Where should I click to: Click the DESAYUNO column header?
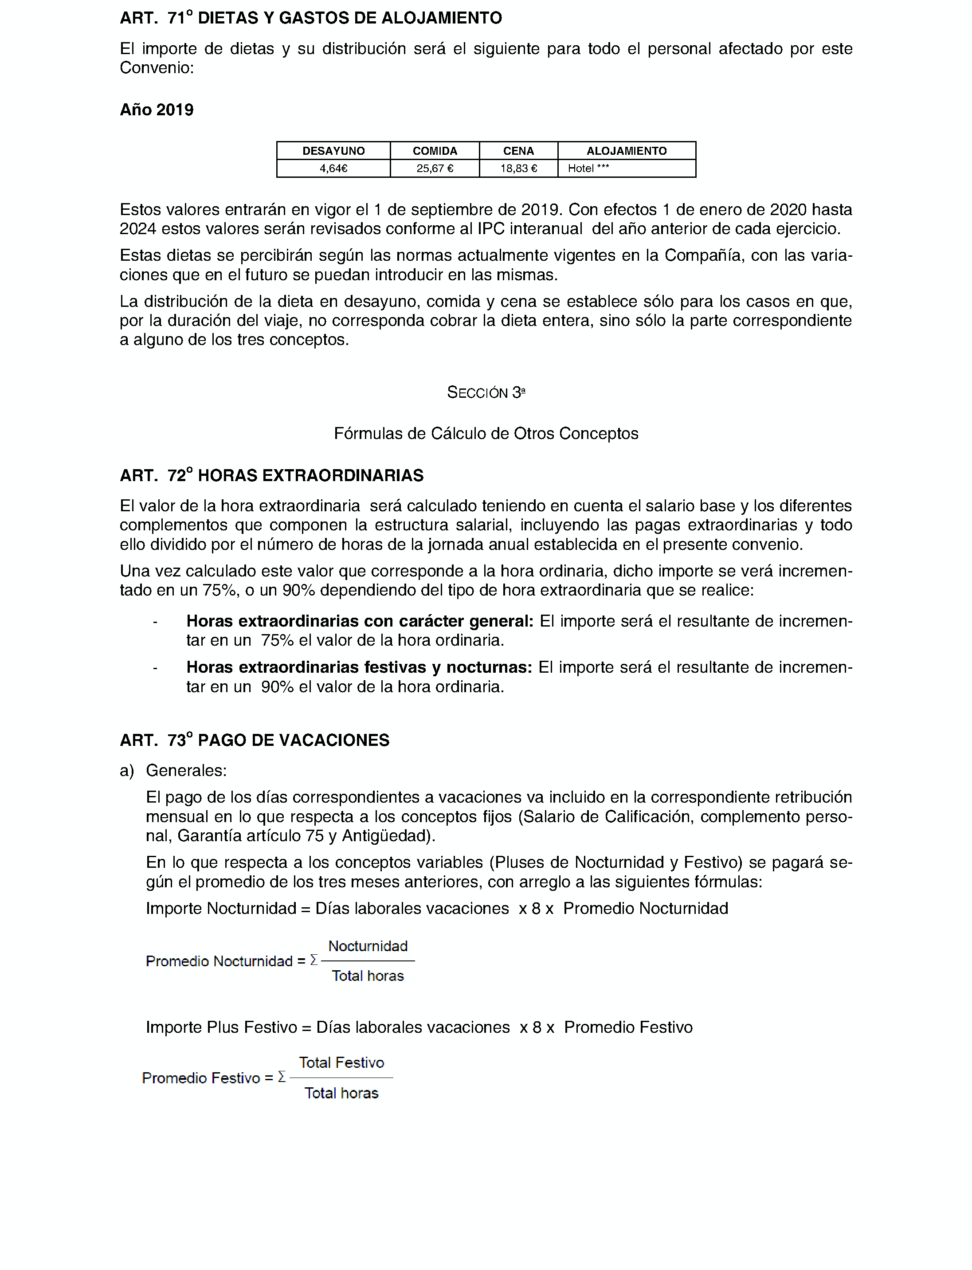(x=333, y=151)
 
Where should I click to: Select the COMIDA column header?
(x=435, y=151)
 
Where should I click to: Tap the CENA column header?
(x=518, y=151)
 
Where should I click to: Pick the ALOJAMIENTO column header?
(x=626, y=151)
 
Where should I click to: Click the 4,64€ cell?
(x=333, y=169)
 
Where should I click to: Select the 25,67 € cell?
(x=435, y=169)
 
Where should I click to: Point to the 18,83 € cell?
(x=518, y=169)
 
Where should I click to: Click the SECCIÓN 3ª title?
(x=486, y=392)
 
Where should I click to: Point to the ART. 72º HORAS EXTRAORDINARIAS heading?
(x=271, y=476)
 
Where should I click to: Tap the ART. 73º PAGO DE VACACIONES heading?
(x=255, y=740)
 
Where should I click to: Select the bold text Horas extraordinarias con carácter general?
(x=359, y=621)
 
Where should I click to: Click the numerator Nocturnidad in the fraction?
(x=368, y=946)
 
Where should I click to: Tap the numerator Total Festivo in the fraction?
(x=341, y=1062)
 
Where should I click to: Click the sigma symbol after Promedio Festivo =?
(x=282, y=1077)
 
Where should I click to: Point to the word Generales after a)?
(x=186, y=771)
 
